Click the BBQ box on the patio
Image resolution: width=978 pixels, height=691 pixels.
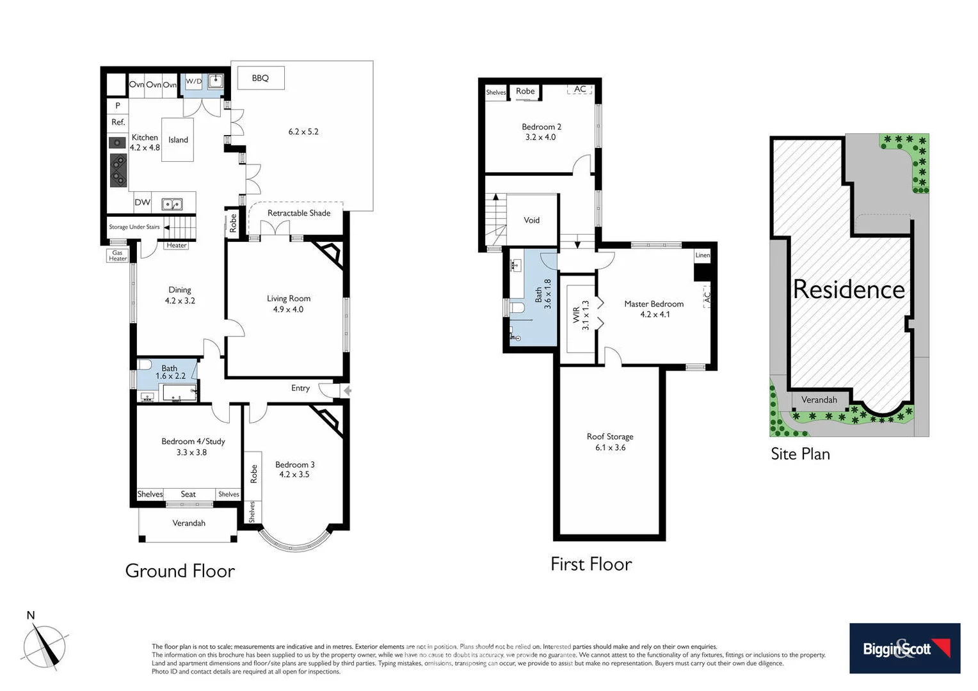point(261,79)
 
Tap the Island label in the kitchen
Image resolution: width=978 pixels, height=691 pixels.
point(178,140)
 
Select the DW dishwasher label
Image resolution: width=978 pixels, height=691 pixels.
point(142,203)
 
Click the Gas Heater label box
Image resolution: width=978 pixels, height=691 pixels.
point(118,256)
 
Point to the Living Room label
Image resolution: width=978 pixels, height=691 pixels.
point(289,299)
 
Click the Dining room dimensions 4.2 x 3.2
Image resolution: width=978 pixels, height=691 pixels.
point(180,301)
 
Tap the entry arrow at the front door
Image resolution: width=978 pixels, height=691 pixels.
point(347,390)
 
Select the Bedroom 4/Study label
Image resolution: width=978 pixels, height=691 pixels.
point(193,441)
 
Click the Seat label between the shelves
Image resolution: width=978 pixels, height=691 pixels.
point(188,495)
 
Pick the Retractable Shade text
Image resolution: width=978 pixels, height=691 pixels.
point(299,213)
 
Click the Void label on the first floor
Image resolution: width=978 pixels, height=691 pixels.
point(532,220)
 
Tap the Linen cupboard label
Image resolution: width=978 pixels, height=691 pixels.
point(703,255)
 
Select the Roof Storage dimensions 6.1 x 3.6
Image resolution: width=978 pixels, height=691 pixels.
point(610,448)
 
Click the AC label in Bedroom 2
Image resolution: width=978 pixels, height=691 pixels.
point(580,90)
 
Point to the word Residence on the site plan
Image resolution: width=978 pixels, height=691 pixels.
point(849,290)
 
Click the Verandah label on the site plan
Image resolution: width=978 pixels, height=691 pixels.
point(819,400)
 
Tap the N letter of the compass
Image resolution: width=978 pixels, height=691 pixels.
point(31,616)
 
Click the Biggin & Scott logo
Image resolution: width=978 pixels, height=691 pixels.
point(904,648)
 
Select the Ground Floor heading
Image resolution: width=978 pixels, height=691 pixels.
point(180,571)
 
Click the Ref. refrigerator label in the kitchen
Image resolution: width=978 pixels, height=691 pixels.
point(118,122)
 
